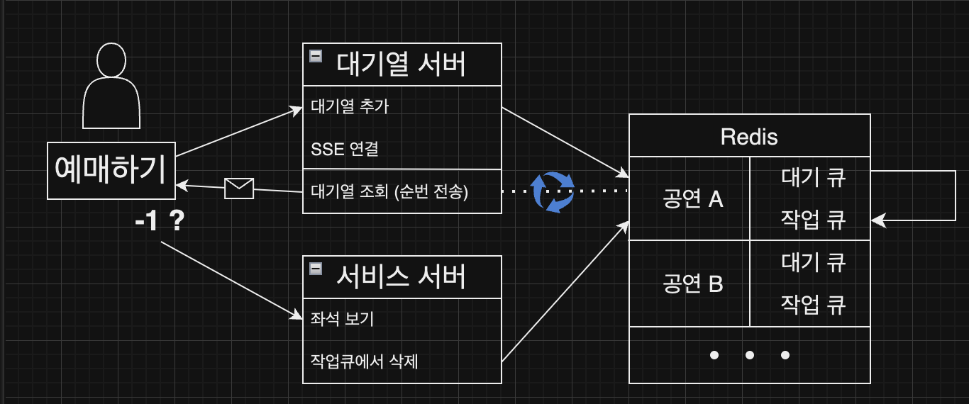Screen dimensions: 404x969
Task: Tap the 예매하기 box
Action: click(x=111, y=171)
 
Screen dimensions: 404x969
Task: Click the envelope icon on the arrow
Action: click(x=238, y=188)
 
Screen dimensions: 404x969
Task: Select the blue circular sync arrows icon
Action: click(x=553, y=191)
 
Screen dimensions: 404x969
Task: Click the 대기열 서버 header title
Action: click(x=402, y=64)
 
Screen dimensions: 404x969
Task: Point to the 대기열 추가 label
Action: click(x=350, y=107)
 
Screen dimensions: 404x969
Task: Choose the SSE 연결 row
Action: click(x=345, y=150)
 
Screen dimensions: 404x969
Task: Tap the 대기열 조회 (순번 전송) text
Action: click(x=389, y=191)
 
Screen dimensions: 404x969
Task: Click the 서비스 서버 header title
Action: click(x=402, y=276)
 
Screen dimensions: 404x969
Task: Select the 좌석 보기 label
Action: click(x=342, y=319)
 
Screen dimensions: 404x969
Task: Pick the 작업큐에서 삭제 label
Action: click(x=365, y=361)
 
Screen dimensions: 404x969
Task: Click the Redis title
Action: click(x=749, y=136)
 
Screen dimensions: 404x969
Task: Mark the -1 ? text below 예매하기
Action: click(x=160, y=223)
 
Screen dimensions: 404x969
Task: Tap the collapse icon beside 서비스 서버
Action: click(x=316, y=269)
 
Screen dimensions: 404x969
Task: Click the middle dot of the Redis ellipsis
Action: click(x=749, y=354)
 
